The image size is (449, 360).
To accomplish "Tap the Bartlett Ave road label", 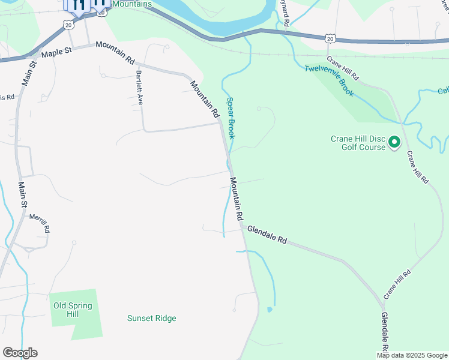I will (139, 88).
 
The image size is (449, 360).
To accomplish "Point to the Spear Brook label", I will (231, 118).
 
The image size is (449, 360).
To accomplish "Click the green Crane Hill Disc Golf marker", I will (394, 142).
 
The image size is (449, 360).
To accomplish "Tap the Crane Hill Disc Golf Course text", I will (358, 143).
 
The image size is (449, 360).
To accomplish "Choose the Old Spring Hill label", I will (73, 310).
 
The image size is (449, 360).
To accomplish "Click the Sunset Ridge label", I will (152, 319).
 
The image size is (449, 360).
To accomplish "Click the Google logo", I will (20, 353).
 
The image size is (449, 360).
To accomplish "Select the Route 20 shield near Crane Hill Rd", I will (330, 38).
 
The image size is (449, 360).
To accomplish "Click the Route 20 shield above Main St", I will (68, 25).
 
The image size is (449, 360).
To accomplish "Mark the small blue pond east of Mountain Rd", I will (270, 310).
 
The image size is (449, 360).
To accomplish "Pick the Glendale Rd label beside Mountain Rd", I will (268, 235).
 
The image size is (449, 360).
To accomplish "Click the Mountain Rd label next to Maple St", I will (115, 53).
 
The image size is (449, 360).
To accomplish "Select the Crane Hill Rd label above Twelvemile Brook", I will (342, 68).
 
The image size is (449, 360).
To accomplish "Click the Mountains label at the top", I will (131, 4).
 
